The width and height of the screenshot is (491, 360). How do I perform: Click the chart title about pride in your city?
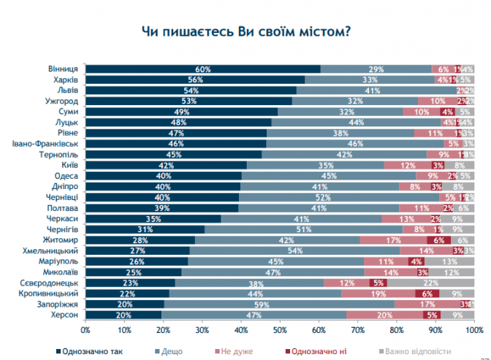(244, 32)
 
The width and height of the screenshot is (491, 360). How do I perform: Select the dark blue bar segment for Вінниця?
(203, 69)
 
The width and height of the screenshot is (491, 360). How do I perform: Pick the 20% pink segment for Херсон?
(385, 313)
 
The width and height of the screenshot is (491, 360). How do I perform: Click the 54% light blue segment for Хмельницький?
(295, 250)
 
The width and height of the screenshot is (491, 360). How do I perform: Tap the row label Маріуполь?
(61, 260)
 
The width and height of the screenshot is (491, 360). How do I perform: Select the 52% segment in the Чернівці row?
(340, 196)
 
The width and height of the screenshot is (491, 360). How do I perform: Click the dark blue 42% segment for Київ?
(167, 164)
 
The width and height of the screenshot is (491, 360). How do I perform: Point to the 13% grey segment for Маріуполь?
(449, 260)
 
